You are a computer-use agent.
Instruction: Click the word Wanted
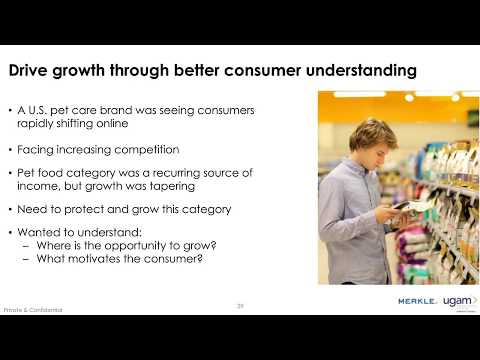click(x=39, y=232)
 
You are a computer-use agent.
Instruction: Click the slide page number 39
click(x=240, y=305)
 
